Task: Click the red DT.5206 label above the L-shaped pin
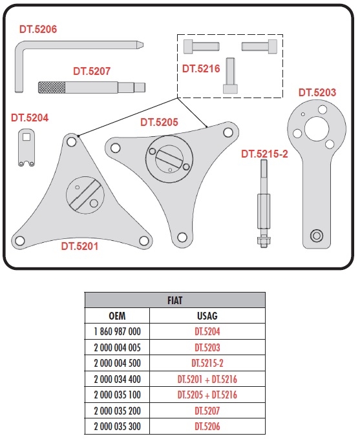point(38,29)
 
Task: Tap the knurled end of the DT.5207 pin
point(52,87)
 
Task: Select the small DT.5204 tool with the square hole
point(26,147)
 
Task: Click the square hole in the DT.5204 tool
point(26,137)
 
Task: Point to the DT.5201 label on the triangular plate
point(79,246)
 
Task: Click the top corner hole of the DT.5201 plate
point(72,141)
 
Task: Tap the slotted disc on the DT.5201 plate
point(85,195)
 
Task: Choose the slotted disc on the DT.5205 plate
point(169,159)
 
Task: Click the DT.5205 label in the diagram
point(159,122)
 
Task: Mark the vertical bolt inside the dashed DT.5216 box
point(230,76)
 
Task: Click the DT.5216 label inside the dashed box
point(201,68)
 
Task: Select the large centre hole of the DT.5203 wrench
point(317,129)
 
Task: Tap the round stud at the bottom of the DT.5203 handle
point(317,235)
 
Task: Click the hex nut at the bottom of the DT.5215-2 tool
point(264,241)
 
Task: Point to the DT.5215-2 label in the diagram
point(264,154)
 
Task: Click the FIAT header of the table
point(175,300)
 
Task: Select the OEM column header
point(117,316)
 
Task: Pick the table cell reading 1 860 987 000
point(117,331)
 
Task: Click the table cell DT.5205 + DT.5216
point(207,395)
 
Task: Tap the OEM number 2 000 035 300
point(117,426)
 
